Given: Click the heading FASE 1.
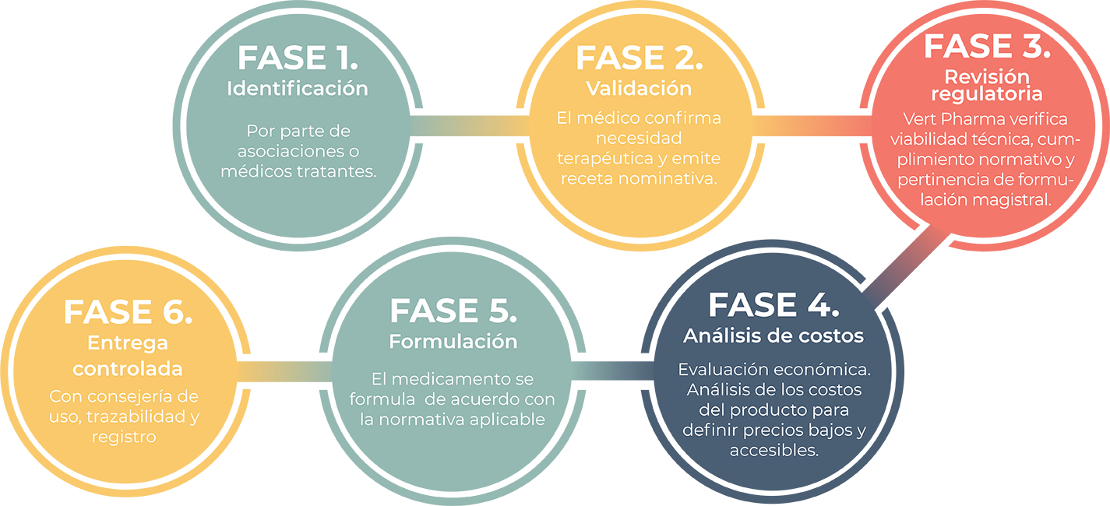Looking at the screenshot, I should point(298,58).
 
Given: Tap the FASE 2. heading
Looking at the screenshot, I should point(639,58).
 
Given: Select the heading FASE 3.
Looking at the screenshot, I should point(987,46).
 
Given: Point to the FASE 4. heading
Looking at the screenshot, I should point(773,305).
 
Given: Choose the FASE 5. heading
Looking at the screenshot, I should point(453,311).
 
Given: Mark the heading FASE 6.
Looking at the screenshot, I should point(128,312).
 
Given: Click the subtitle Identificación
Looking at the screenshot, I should point(298,88).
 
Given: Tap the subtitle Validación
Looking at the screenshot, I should point(639,88).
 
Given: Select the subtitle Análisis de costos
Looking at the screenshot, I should point(773,336).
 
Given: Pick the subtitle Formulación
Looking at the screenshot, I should point(453,341).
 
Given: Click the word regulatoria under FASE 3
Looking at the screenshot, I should point(987,94).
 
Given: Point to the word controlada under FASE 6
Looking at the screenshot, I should point(128,368).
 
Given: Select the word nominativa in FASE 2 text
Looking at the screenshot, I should point(677,179).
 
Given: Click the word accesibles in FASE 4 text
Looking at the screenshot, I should point(773,451).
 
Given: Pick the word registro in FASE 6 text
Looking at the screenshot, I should point(124,437).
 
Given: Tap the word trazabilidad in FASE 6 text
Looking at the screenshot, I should point(136,416).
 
